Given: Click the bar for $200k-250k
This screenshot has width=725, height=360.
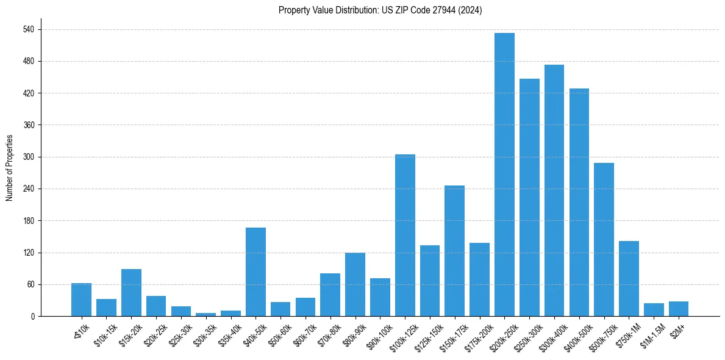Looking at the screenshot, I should (504, 175).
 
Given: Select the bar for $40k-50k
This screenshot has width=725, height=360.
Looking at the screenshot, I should (255, 272).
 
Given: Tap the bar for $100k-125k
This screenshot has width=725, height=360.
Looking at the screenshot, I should (405, 235).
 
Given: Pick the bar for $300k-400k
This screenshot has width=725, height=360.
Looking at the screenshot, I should (554, 190).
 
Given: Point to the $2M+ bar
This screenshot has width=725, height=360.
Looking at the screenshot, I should (679, 309).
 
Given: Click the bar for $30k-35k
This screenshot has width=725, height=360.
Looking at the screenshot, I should (205, 314).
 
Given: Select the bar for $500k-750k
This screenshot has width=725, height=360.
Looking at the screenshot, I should (604, 239).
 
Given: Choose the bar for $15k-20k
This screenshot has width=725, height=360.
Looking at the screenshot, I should (131, 292).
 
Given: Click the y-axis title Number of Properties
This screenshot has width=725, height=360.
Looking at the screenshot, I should (9, 168).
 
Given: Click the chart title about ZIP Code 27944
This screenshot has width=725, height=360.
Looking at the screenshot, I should (380, 10).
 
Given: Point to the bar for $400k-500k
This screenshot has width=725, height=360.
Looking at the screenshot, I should (579, 202).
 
